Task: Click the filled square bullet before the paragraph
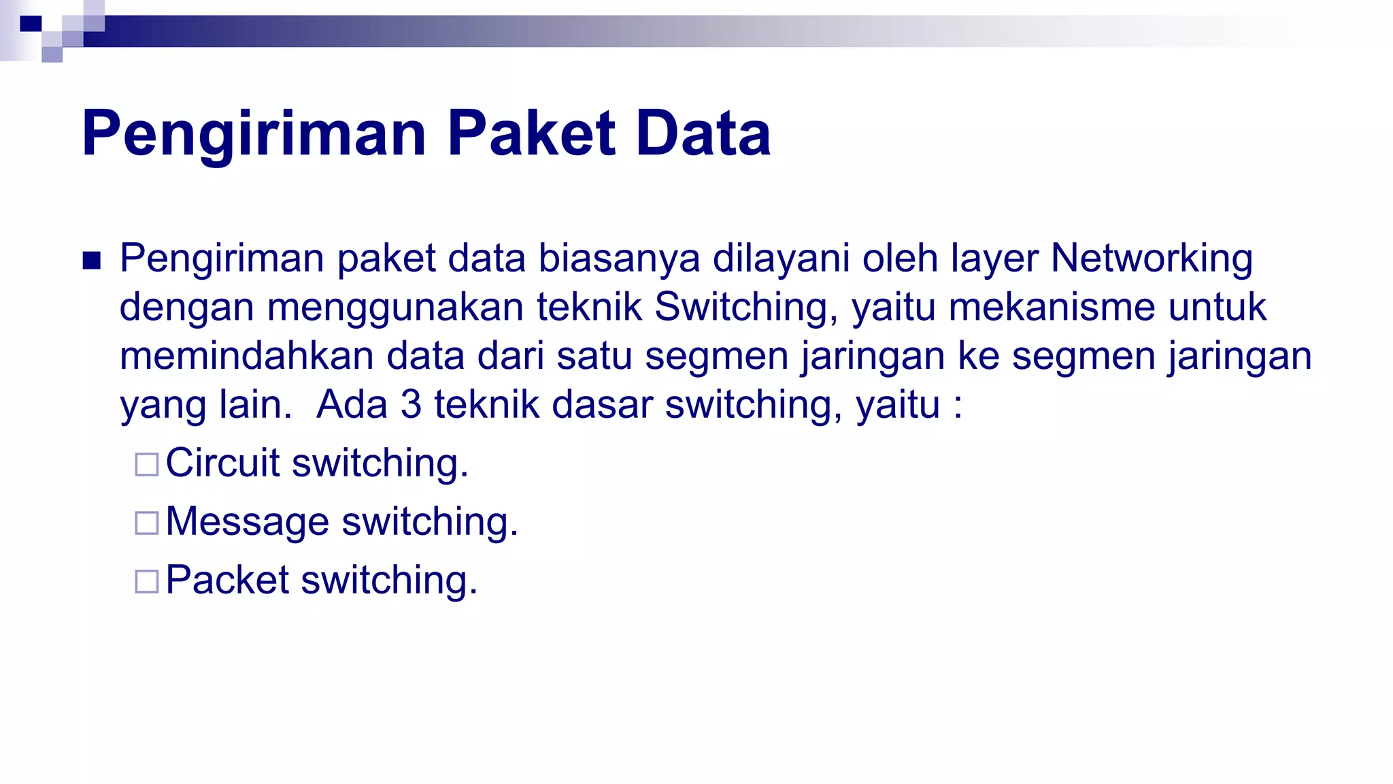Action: [91, 261]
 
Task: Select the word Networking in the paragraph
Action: [1152, 259]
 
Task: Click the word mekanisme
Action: [1052, 307]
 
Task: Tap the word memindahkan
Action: [246, 356]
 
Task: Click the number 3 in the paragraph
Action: [411, 404]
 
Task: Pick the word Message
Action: [248, 522]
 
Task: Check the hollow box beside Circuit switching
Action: [147, 465]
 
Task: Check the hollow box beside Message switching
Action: [147, 523]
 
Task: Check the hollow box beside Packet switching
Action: [147, 582]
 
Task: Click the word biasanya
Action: [619, 259]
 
